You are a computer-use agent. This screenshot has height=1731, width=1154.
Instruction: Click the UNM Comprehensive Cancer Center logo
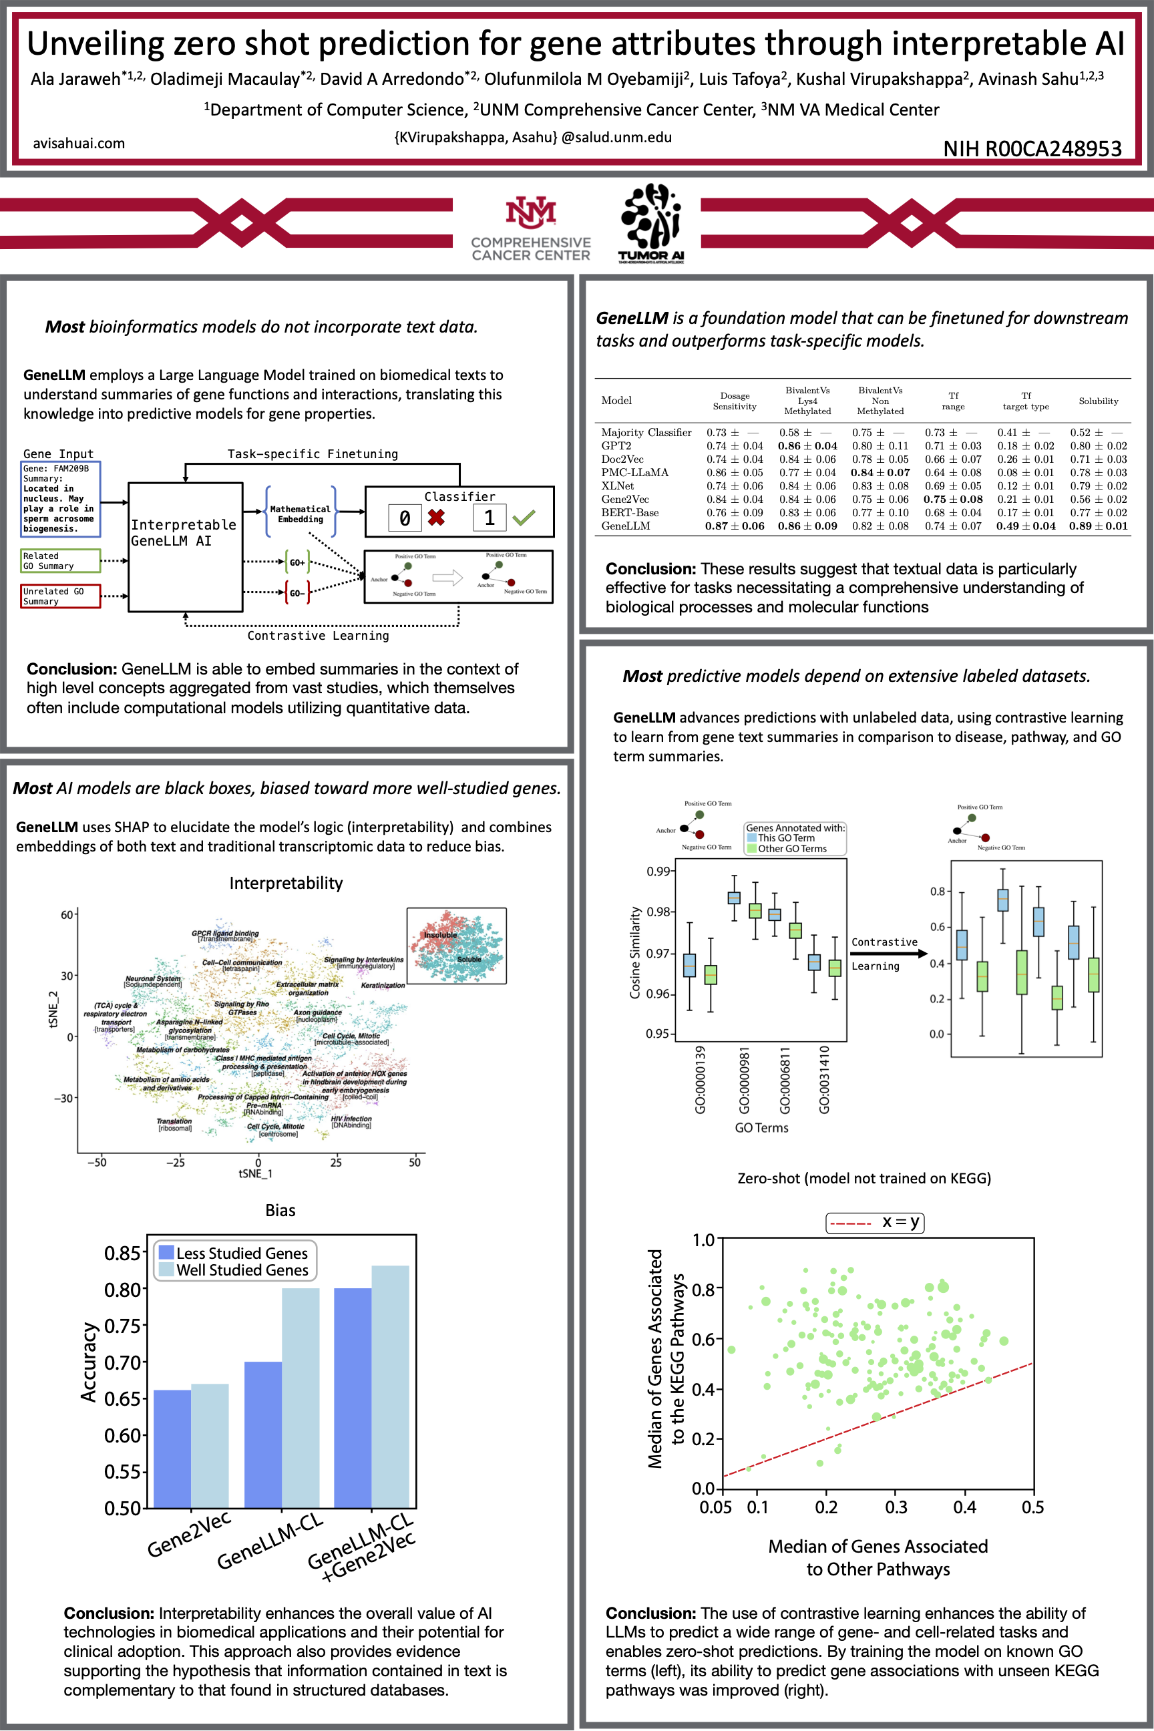point(531,228)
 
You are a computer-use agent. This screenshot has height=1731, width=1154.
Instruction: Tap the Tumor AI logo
point(651,222)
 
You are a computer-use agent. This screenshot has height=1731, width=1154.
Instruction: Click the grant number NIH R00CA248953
point(1032,149)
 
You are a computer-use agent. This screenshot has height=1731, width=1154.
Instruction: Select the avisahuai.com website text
point(79,144)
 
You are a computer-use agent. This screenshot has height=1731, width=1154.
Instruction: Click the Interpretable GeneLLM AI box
point(185,546)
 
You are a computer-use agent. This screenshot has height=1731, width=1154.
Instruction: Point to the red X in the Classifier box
point(437,518)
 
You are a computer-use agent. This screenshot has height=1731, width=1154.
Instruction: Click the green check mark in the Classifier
point(524,518)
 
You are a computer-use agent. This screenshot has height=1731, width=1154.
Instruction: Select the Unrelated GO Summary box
point(60,596)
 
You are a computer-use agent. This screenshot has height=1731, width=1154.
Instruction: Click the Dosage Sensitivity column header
point(735,401)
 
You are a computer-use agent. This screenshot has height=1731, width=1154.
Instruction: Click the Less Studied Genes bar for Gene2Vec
point(172,1449)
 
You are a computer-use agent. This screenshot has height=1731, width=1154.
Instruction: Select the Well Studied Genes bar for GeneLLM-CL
point(301,1398)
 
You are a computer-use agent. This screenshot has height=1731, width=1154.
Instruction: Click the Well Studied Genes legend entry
point(242,1270)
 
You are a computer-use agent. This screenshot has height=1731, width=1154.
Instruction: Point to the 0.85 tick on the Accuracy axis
point(122,1253)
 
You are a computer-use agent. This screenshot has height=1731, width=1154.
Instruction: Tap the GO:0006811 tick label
point(785,1080)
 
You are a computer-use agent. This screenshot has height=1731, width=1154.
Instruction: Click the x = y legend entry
point(874,1222)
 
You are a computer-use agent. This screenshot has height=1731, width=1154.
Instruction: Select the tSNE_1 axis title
point(255,1173)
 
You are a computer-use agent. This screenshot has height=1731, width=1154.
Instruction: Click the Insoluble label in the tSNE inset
point(440,935)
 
